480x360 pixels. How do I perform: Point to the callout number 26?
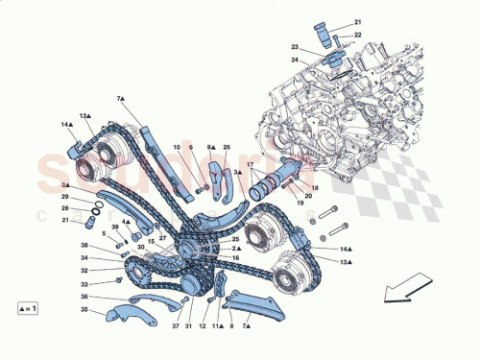coord(227,147)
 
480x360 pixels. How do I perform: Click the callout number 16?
coord(235,258)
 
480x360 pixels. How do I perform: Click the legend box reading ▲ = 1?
coord(31,309)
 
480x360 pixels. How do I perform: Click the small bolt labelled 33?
coord(117,279)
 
